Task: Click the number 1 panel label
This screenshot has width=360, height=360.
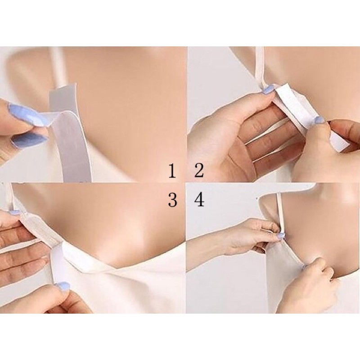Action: click(x=172, y=171)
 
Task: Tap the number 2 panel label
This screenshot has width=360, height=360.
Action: click(x=199, y=171)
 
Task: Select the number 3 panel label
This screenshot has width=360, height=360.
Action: click(x=172, y=200)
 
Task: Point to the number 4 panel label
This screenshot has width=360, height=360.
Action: click(x=199, y=200)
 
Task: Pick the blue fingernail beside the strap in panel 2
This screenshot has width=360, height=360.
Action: click(x=268, y=89)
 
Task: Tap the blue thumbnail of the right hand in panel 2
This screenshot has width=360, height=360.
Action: click(x=319, y=119)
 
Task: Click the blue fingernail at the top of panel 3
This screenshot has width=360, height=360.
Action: click(x=14, y=212)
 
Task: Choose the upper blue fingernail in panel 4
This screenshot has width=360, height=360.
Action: click(x=281, y=235)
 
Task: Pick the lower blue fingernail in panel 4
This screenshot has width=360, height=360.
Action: click(x=306, y=266)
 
